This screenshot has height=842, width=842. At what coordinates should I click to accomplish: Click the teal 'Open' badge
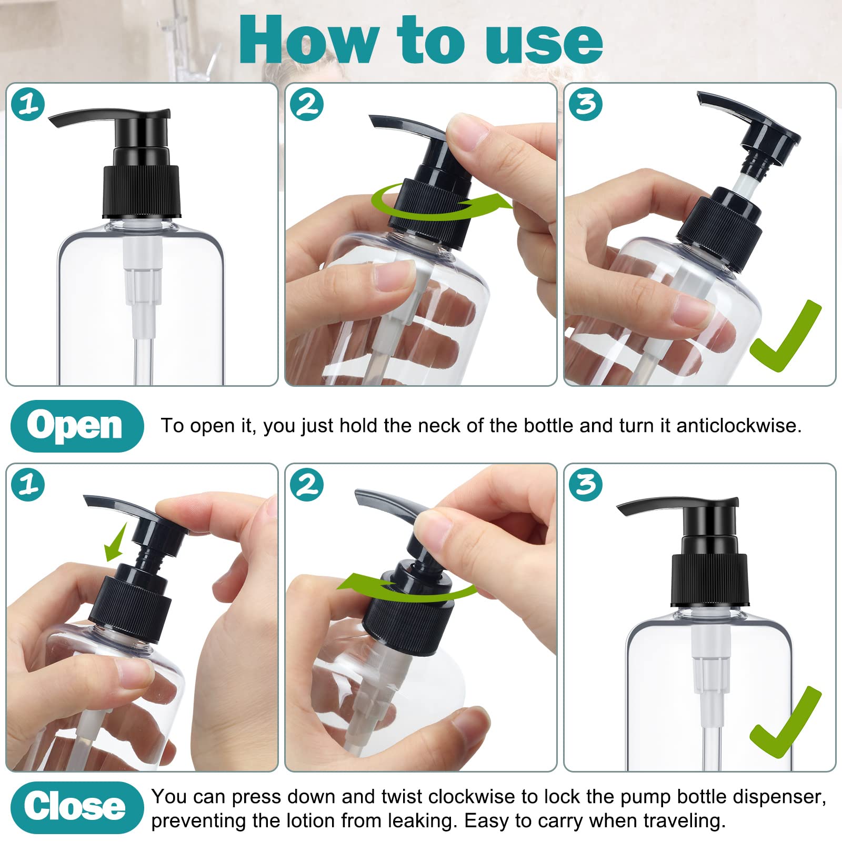coord(76,426)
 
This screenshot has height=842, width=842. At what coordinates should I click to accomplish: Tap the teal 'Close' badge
coord(76,807)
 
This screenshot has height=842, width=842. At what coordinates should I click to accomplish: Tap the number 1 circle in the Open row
coord(28,104)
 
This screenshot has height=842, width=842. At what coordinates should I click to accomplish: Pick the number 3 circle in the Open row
coord(586,104)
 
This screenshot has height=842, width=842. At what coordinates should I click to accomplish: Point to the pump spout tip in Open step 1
coord(55,122)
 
